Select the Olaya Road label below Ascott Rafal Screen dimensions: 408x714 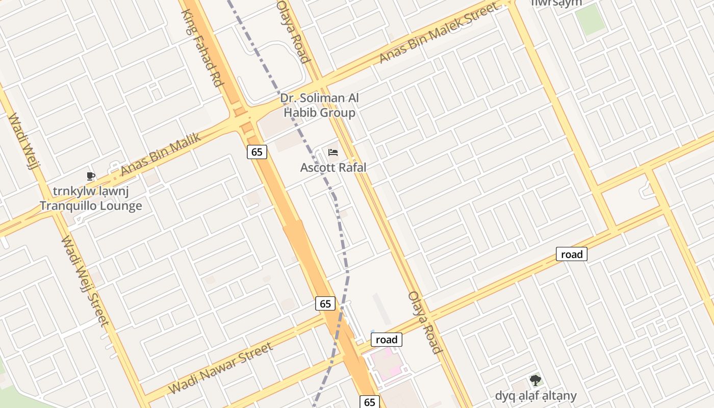click(424, 322)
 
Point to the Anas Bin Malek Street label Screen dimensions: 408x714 click(439, 33)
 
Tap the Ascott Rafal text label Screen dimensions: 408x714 click(333, 167)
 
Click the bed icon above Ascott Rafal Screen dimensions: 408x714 click(333, 152)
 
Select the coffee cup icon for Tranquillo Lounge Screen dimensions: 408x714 click(91, 176)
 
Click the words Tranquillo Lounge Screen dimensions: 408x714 click(91, 206)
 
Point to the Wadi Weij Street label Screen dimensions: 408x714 click(85, 280)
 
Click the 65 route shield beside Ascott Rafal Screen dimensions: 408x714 click(257, 151)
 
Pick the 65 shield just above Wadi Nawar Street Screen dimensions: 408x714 click(325, 304)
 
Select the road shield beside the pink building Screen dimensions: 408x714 click(386, 340)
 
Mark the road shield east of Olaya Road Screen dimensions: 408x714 click(571, 254)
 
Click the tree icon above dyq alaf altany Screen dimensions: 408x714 click(535, 380)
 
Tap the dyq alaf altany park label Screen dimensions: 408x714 click(535, 396)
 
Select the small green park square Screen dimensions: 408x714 click(591, 20)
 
